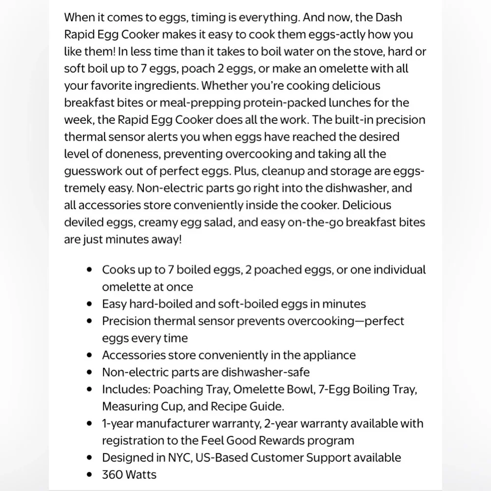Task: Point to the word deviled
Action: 82,222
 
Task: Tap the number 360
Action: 113,475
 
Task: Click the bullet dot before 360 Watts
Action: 89,475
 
